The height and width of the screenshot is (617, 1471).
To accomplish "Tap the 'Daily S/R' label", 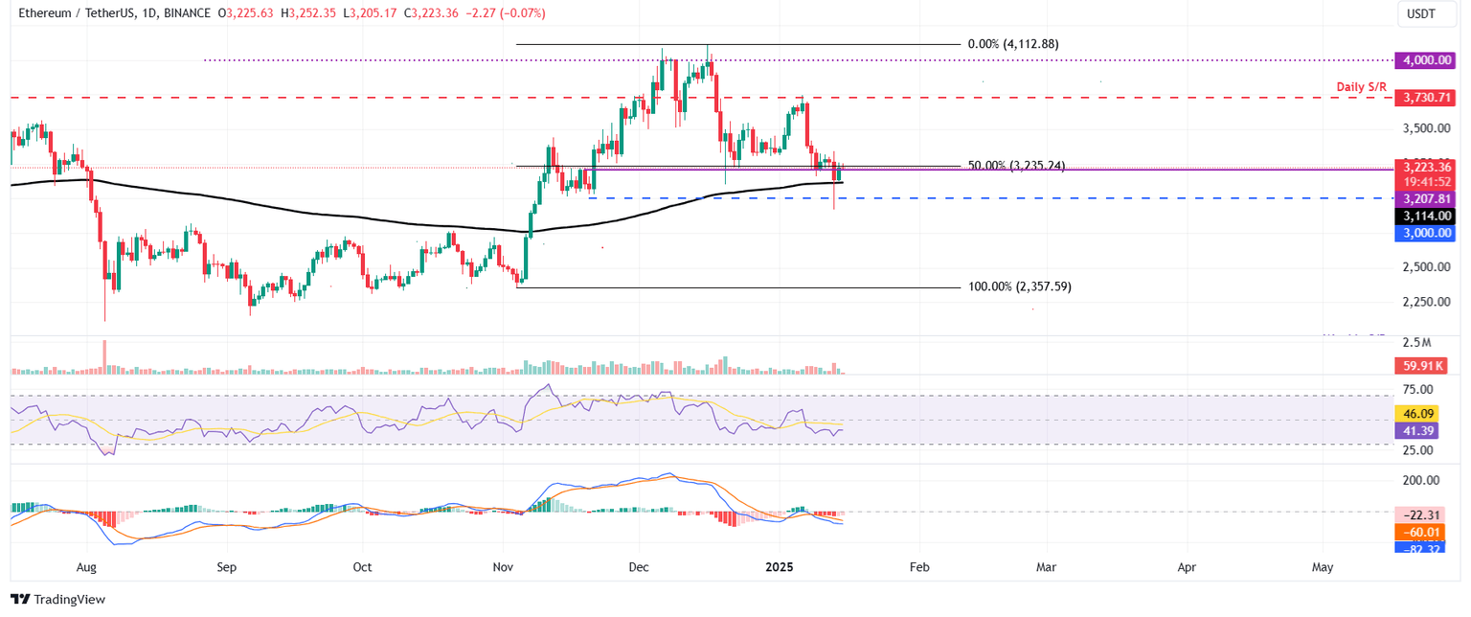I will pyautogui.click(x=1362, y=87).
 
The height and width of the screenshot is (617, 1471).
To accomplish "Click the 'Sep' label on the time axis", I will pyautogui.click(x=226, y=567).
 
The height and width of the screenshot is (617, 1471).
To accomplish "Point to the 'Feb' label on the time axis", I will pyautogui.click(x=919, y=567).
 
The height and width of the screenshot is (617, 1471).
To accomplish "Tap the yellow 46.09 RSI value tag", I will pyautogui.click(x=1421, y=415).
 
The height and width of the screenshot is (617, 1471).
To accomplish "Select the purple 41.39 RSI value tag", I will pyautogui.click(x=1421, y=432).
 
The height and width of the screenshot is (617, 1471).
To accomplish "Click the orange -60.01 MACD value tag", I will pyautogui.click(x=1422, y=531).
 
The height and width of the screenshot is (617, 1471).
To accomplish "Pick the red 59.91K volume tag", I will pyautogui.click(x=1422, y=365).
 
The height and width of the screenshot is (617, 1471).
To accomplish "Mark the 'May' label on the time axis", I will pyautogui.click(x=1323, y=567).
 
